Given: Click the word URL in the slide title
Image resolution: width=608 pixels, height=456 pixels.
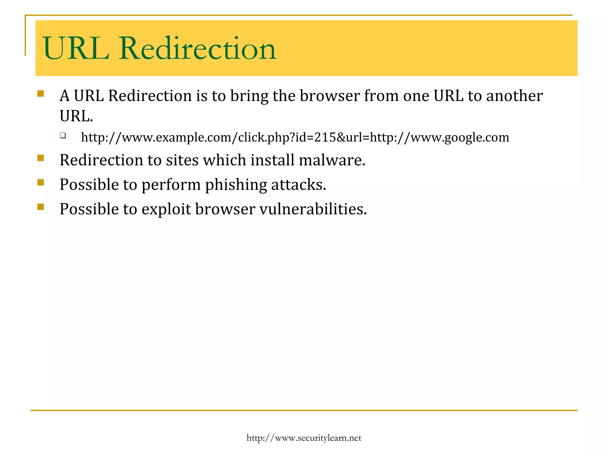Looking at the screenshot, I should (x=76, y=48).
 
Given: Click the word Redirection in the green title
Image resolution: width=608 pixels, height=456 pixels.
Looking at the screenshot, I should (x=197, y=48).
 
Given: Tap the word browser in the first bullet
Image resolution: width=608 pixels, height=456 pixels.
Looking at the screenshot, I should (x=330, y=96).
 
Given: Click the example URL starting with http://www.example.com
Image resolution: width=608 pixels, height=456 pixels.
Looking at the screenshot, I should (x=295, y=137).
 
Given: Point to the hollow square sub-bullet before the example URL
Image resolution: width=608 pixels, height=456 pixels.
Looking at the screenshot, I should (x=63, y=136).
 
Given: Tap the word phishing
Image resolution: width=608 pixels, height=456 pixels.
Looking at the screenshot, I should (x=236, y=185).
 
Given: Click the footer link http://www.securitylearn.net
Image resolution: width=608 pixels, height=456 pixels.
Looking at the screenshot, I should (x=304, y=438).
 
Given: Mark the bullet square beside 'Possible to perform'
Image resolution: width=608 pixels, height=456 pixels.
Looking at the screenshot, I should (x=41, y=182).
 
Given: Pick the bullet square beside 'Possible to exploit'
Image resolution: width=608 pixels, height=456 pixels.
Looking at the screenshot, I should (x=41, y=207).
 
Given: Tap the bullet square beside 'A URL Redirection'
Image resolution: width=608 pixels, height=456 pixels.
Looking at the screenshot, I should (x=41, y=94).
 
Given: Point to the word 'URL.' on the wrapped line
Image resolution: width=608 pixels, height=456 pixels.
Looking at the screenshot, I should (x=76, y=116).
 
